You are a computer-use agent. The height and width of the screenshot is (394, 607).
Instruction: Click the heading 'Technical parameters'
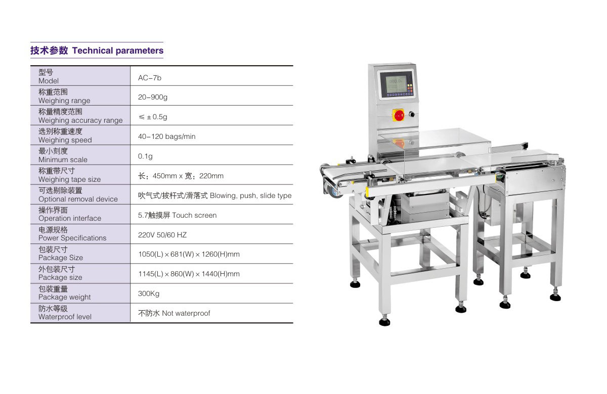117,51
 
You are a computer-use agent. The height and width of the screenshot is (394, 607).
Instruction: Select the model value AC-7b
150,78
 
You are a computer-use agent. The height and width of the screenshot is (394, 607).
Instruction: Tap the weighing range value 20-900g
153,97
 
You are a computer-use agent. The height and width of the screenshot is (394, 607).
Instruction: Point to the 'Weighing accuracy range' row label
80,120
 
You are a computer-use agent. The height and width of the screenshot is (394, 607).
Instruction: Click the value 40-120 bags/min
166,136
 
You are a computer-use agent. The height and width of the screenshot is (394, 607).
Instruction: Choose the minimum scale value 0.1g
145,157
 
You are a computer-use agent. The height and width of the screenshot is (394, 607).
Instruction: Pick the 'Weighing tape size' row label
70,179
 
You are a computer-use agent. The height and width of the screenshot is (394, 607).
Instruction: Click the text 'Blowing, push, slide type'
251,195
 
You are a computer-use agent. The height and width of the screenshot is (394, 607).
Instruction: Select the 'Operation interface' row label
70,218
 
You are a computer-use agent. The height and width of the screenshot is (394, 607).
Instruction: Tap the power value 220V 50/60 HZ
162,235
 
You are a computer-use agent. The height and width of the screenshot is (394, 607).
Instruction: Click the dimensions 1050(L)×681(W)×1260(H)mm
189,255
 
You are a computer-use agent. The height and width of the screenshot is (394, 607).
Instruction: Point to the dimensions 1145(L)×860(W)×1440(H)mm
189,274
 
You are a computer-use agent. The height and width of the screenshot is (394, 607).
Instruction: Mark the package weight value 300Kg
149,293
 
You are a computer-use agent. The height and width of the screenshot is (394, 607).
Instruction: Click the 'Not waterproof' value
186,313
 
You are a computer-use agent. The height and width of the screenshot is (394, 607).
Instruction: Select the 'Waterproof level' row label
65,317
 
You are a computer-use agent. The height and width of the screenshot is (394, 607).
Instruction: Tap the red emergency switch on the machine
399,115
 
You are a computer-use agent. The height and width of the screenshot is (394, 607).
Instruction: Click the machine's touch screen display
396,84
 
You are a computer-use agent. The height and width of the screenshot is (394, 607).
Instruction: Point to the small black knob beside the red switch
412,114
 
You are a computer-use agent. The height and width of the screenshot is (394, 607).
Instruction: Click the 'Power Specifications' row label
72,238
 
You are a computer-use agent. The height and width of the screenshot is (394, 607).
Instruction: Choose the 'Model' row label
49,81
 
